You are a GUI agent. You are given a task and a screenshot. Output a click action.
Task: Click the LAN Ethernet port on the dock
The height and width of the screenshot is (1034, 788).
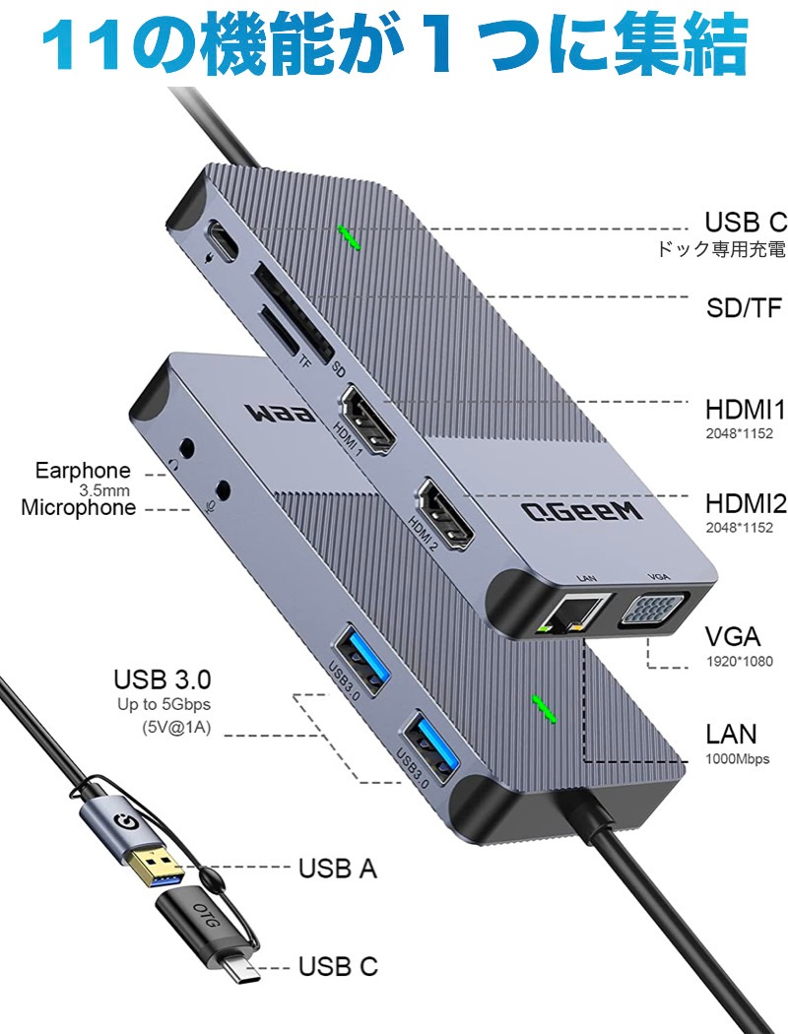click(571, 614)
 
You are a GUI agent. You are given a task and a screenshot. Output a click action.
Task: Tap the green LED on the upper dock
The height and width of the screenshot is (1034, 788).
click(349, 237)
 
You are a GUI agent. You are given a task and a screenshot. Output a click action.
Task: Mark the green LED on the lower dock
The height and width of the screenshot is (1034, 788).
click(544, 709)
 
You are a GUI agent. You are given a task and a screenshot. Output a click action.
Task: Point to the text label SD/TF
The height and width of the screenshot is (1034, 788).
click(744, 308)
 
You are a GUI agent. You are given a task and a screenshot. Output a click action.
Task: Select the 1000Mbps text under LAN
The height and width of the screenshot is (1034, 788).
click(737, 759)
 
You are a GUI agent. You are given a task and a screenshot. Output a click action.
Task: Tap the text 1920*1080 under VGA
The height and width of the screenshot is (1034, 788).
click(739, 662)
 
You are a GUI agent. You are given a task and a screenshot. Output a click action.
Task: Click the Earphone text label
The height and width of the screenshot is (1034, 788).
click(83, 471)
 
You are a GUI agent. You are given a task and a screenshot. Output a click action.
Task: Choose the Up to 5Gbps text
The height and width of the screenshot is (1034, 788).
click(164, 704)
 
